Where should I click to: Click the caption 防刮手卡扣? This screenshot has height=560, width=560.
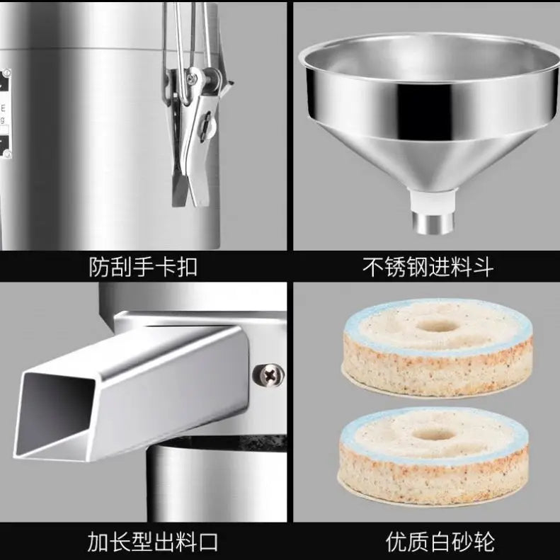[x=143, y=267]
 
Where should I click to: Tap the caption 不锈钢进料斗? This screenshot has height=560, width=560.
[x=428, y=267]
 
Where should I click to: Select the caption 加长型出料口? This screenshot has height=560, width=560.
[x=143, y=542]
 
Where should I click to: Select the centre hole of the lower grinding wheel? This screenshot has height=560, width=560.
[x=433, y=433]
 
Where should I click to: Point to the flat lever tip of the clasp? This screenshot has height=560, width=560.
[x=183, y=188]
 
